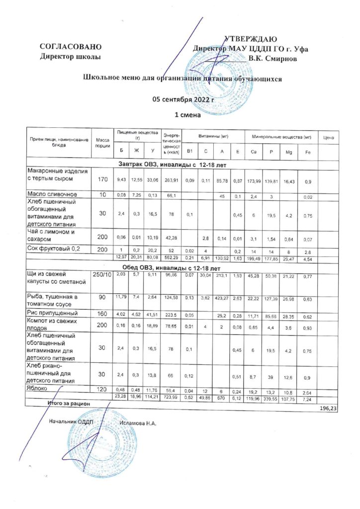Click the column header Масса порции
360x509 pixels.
tap(103, 142)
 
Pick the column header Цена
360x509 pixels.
tap(328, 137)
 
